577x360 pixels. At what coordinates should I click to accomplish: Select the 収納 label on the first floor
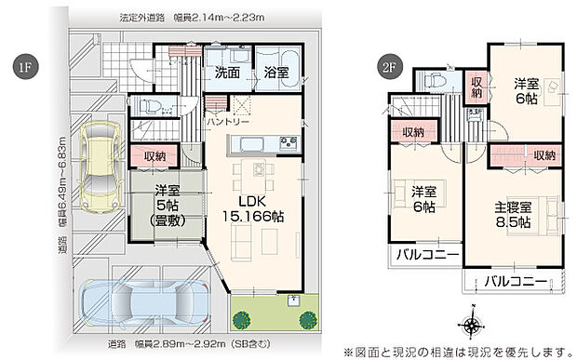pyautogui.click(x=154, y=156)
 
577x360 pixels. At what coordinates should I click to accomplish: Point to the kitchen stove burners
pyautogui.click(x=287, y=142)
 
